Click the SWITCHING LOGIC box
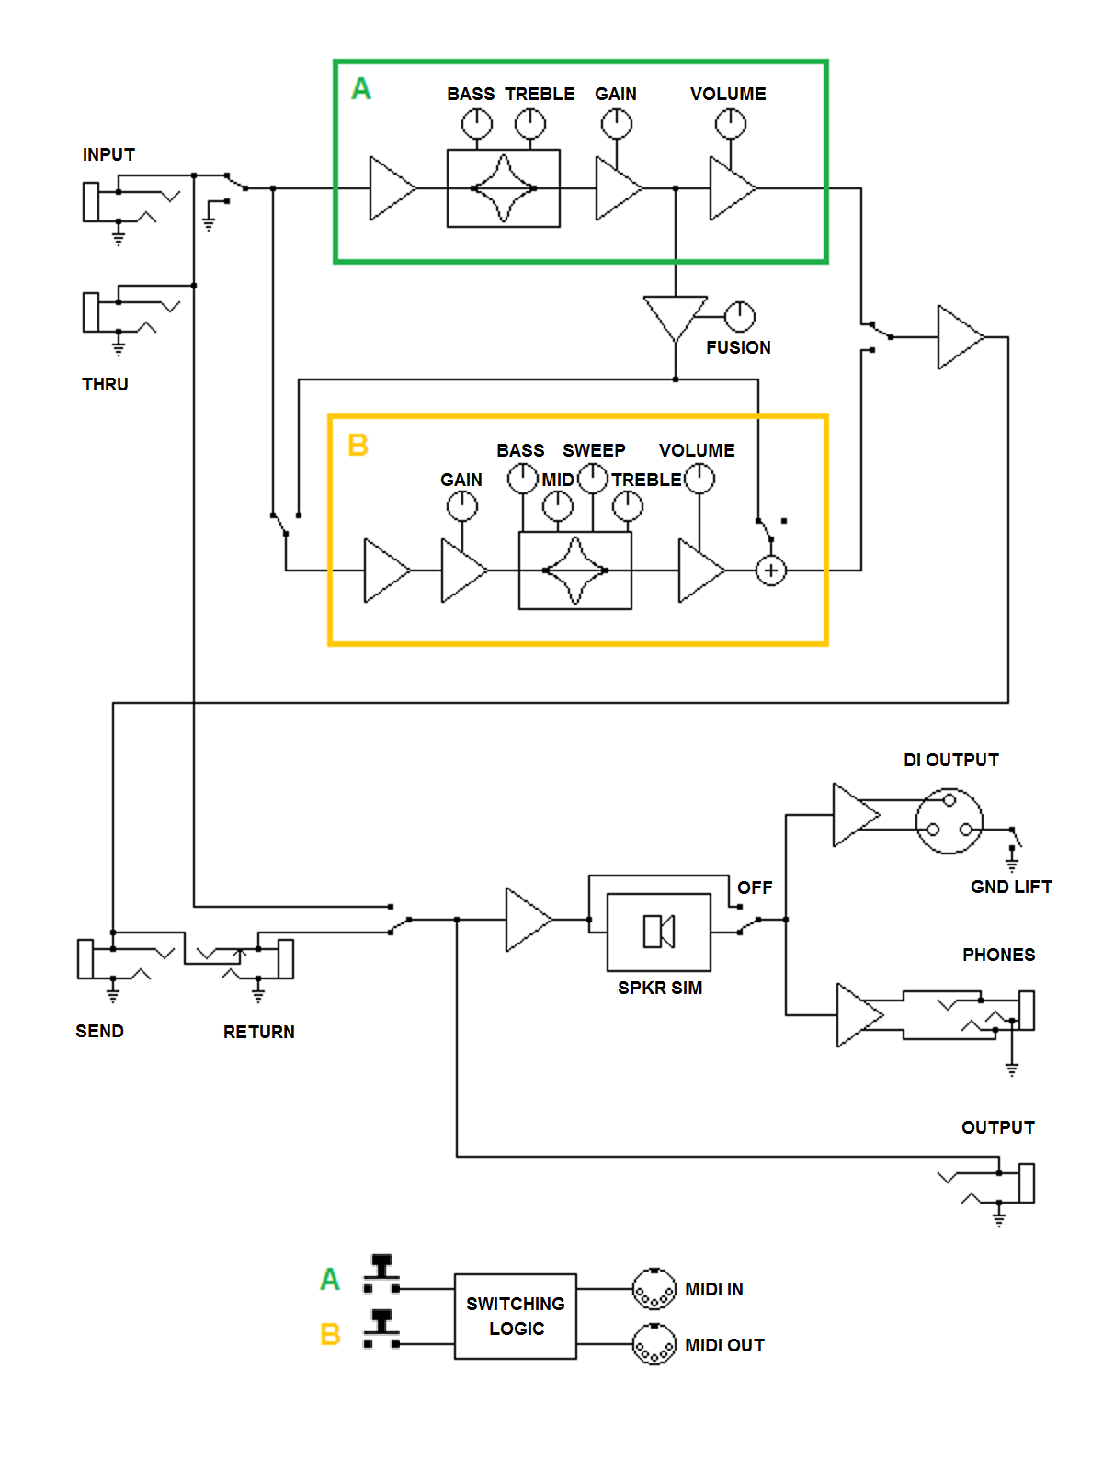point(516,1316)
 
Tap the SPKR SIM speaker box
point(659,932)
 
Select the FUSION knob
point(740,317)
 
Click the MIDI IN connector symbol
point(654,1289)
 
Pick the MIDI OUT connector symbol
point(654,1345)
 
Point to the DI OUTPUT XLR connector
point(949,820)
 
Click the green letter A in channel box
point(361,89)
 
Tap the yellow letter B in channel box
point(358,446)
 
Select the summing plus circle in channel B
point(771,571)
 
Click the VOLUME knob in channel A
point(731,123)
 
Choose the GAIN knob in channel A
point(617,123)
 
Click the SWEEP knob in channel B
point(593,478)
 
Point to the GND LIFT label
point(1011,887)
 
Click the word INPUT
point(108,154)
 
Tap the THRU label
point(105,384)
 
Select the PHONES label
point(998,955)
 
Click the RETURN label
point(258,1032)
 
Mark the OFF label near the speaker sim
point(755,888)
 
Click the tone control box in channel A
point(504,188)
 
